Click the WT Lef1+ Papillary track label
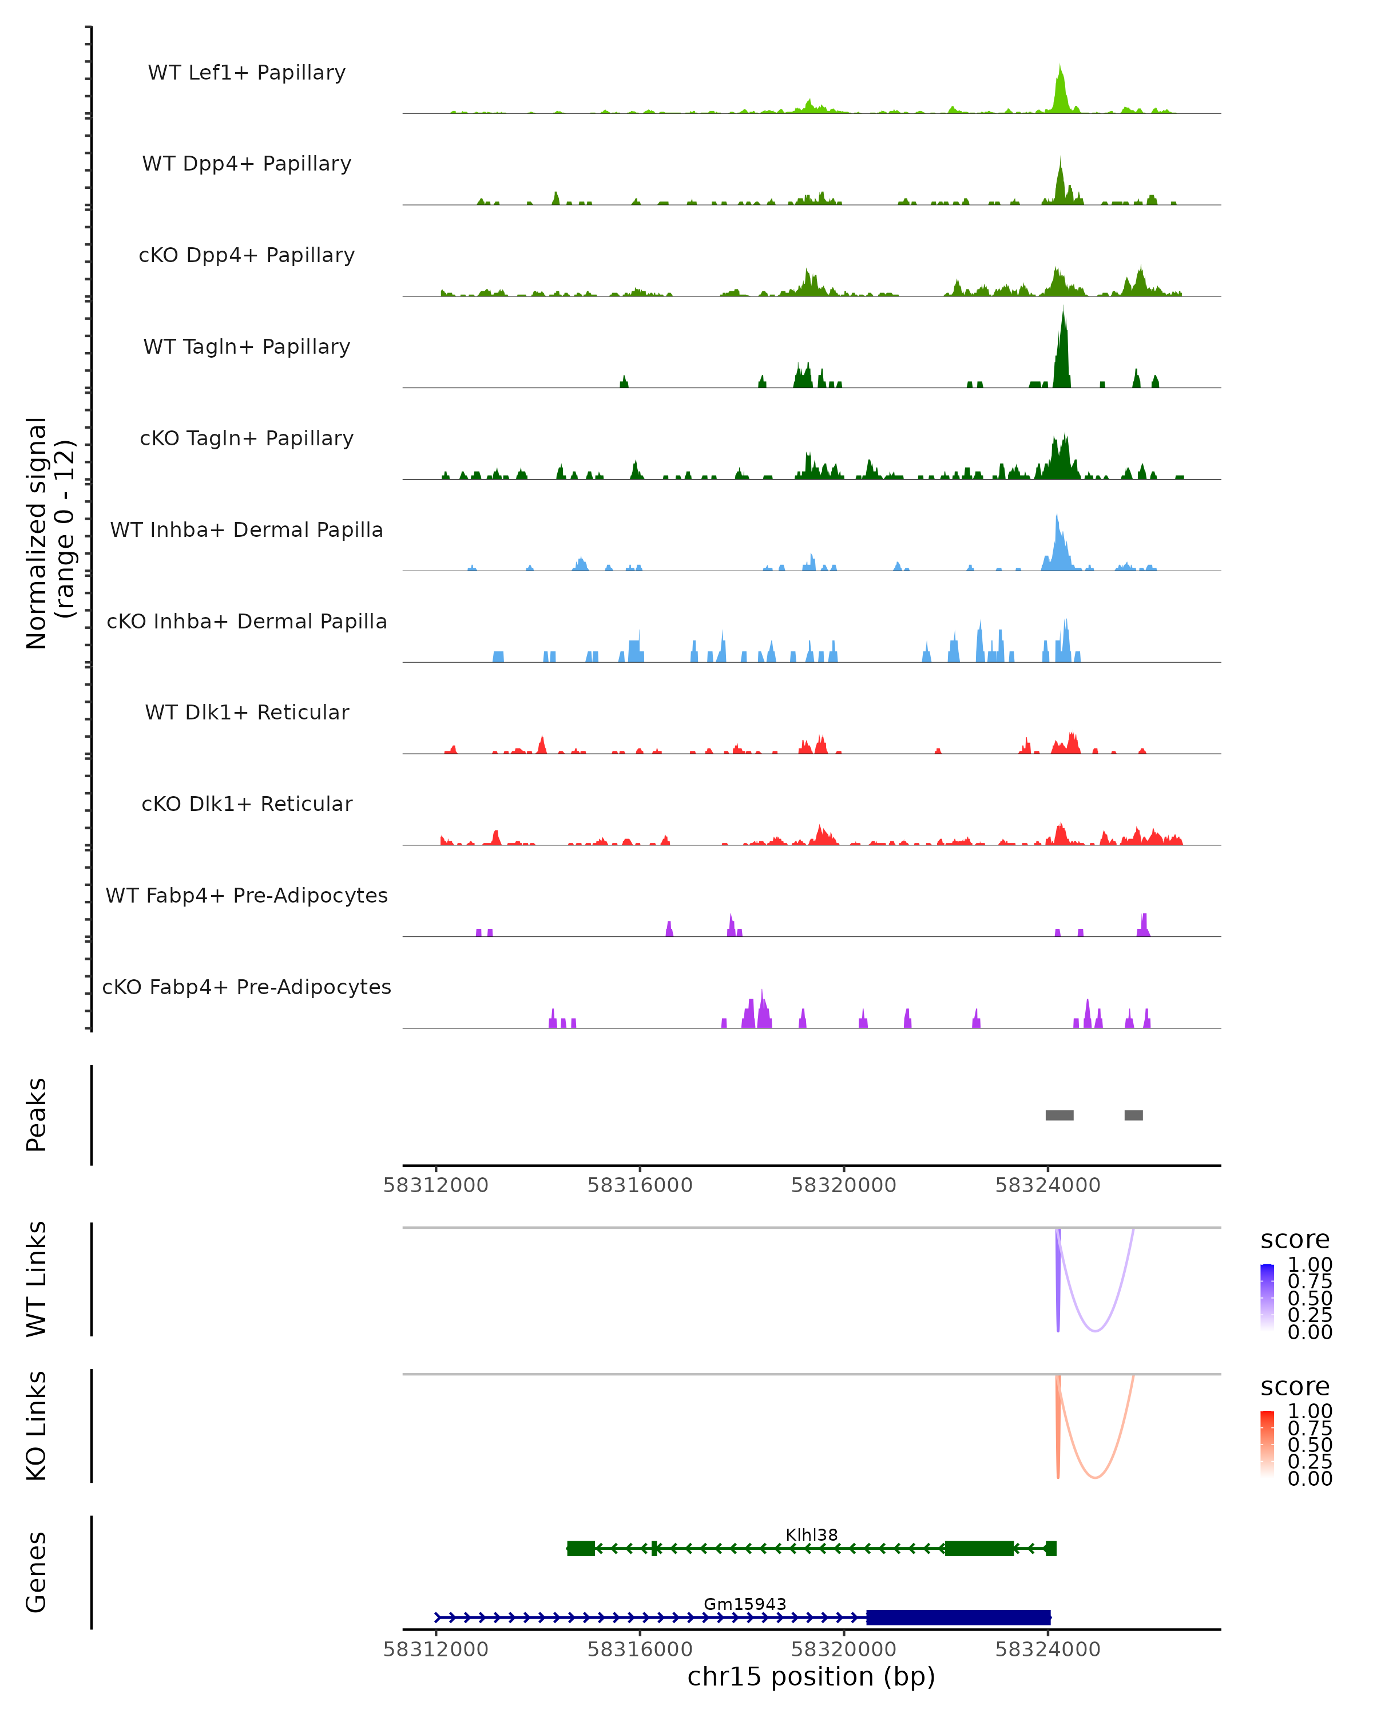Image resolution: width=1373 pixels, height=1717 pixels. click(247, 73)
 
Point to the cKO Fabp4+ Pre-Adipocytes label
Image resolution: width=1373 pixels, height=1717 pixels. click(247, 987)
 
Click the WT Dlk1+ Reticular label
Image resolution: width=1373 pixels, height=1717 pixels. click(247, 712)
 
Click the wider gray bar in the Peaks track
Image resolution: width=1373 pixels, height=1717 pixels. click(1059, 1115)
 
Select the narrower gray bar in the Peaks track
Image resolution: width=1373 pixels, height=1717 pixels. click(1133, 1115)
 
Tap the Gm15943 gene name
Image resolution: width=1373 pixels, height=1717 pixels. click(744, 1604)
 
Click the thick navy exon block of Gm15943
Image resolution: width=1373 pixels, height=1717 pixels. click(958, 1617)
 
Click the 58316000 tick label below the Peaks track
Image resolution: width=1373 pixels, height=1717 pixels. click(640, 1185)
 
